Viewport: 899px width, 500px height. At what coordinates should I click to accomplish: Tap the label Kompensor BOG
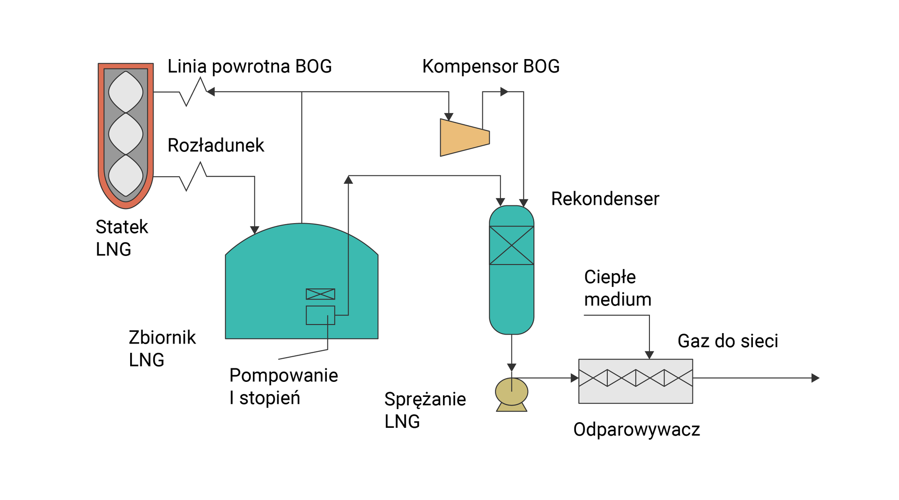[490, 67]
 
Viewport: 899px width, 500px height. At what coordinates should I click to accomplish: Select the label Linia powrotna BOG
[250, 67]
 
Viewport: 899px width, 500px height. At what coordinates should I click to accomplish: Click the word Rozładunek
[216, 145]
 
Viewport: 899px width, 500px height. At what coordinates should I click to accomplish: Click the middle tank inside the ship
[125, 134]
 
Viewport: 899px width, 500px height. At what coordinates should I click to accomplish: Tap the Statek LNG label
[121, 238]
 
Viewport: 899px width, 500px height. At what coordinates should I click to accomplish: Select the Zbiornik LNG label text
[162, 349]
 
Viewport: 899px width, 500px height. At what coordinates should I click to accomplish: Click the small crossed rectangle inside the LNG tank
[320, 294]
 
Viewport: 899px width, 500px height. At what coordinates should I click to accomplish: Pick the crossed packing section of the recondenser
[511, 245]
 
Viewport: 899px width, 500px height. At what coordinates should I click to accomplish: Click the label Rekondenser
[604, 199]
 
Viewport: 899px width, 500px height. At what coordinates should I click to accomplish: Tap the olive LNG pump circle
[511, 391]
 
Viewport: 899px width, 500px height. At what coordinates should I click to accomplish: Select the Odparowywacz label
[636, 429]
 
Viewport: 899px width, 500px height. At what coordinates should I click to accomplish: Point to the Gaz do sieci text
[727, 341]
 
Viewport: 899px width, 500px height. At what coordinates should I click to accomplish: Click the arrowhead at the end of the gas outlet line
[815, 378]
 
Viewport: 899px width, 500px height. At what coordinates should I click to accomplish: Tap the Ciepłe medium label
[617, 288]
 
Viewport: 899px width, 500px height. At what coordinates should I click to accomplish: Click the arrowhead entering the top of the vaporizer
[649, 355]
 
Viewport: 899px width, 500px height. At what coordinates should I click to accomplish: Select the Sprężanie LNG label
[425, 410]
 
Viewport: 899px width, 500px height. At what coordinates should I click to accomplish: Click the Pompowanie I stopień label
[283, 386]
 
